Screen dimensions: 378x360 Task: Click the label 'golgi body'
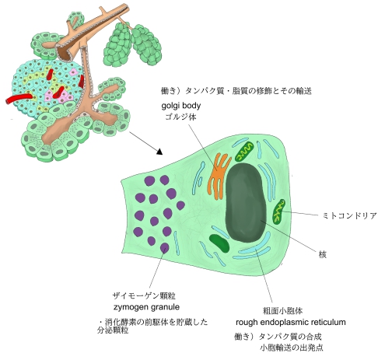tap(181, 106)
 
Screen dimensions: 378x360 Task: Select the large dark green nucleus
tap(246, 202)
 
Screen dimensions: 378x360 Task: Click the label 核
tap(322, 254)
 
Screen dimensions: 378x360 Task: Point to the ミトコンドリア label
tap(349, 215)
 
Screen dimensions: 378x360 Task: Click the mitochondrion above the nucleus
tap(244, 152)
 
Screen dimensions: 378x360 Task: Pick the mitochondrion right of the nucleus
tap(279, 211)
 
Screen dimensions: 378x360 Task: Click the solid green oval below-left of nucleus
tap(219, 243)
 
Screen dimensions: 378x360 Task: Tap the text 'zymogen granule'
tap(146, 307)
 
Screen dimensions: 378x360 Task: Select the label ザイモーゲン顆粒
tap(144, 295)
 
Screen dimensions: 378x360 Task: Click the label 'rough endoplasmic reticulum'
tap(291, 322)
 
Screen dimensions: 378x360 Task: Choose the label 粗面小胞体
tap(282, 310)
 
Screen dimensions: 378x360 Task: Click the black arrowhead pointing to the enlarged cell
tap(159, 152)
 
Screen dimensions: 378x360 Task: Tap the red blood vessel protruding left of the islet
tap(19, 99)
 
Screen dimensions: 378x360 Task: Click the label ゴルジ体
tap(181, 117)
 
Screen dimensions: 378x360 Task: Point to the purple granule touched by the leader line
tap(165, 248)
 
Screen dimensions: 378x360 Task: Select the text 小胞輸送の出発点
tap(292, 348)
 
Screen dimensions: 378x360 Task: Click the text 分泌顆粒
tap(113, 330)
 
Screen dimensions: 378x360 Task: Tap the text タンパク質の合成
tap(290, 337)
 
